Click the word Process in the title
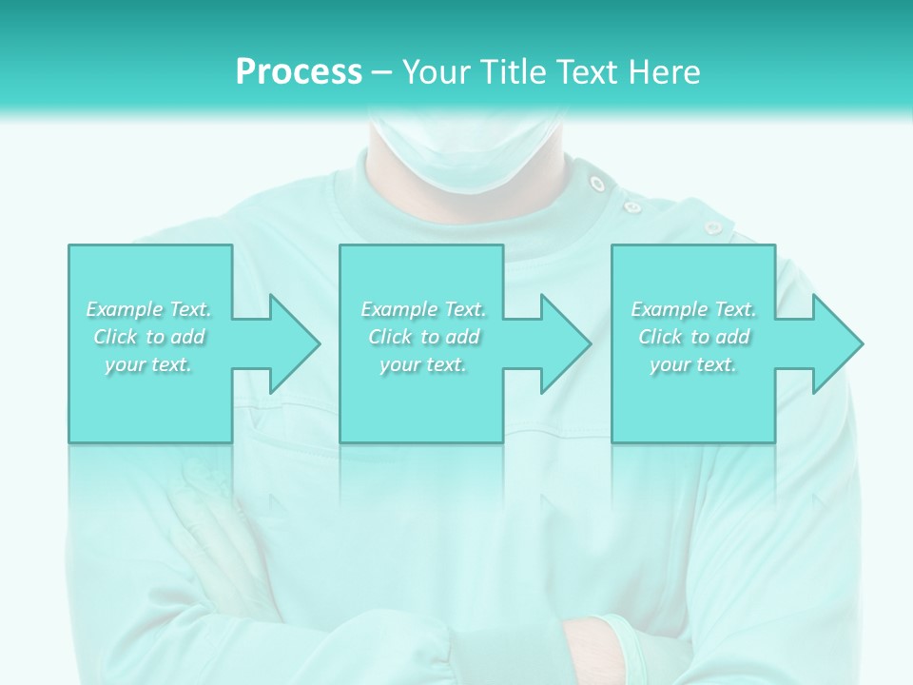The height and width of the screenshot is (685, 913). point(299,72)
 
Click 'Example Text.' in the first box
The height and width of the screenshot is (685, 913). point(149,309)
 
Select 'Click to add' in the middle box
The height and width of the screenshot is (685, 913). point(423,337)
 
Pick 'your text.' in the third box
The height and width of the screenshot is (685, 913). point(693,364)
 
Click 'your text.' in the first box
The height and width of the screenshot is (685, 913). point(149,364)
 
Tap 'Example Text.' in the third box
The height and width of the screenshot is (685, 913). point(693,309)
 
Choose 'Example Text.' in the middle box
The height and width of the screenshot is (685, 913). point(423,309)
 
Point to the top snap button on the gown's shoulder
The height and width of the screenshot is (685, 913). point(597,183)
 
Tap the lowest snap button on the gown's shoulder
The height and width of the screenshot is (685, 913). point(711,227)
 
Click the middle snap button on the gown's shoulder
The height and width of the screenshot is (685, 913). point(631,205)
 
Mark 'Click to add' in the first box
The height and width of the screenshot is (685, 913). point(149,337)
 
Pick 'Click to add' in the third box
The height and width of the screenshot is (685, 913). point(693,337)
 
